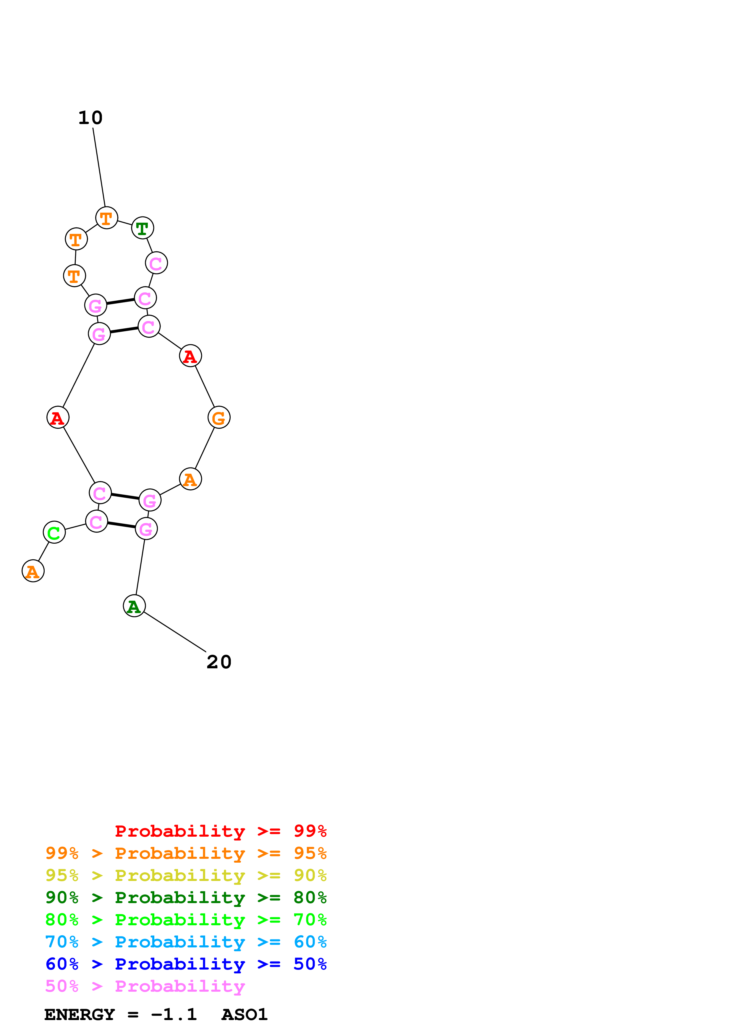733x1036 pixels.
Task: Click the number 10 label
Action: [90, 118]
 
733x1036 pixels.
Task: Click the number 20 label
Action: [219, 662]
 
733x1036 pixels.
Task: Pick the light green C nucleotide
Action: [54, 532]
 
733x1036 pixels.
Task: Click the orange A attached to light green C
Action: [33, 571]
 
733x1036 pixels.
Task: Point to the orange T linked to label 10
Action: [106, 218]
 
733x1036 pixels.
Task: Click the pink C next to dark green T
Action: [156, 263]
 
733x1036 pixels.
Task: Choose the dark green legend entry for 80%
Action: [186, 897]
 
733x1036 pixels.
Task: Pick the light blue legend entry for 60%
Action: [186, 942]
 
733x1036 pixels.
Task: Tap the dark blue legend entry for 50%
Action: [186, 964]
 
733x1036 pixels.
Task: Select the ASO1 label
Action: [244, 1014]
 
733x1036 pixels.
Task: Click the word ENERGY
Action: [80, 1014]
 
